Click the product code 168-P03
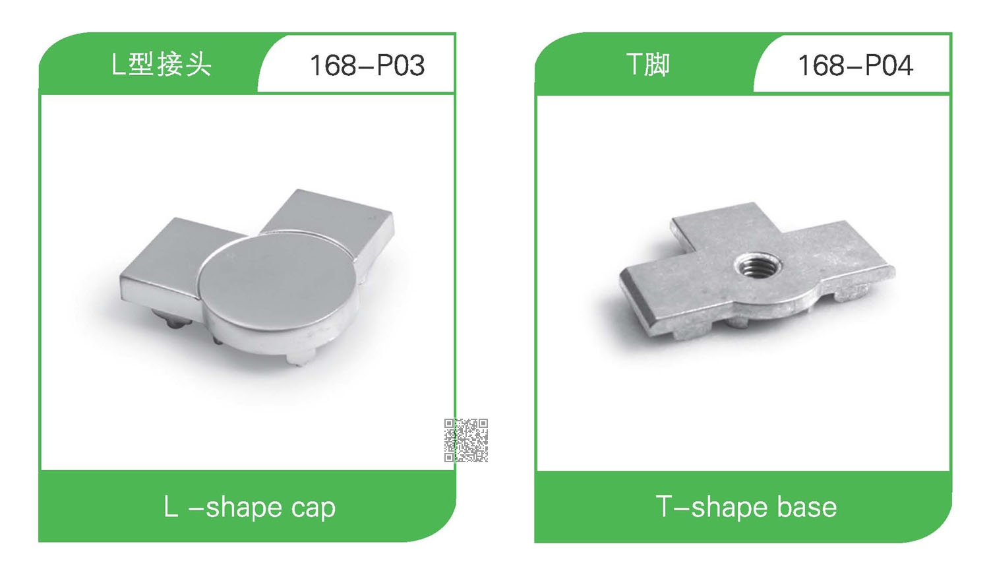pyautogui.click(x=367, y=65)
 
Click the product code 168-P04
pyautogui.click(x=856, y=65)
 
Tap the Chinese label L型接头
pyautogui.click(x=162, y=65)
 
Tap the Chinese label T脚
pyautogui.click(x=647, y=65)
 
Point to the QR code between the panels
pyautogui.click(x=465, y=440)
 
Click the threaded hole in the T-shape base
pyautogui.click(x=757, y=266)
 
